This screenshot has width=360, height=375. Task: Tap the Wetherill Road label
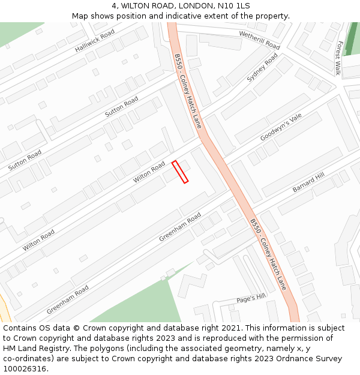(x=259, y=40)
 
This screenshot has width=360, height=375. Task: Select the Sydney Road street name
(x=262, y=68)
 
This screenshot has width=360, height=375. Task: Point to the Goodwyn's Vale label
(x=281, y=127)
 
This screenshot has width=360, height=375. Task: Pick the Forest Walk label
(x=339, y=58)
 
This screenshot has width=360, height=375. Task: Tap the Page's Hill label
(x=250, y=297)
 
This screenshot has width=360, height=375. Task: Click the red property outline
(x=180, y=172)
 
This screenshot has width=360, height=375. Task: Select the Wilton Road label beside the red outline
(x=149, y=172)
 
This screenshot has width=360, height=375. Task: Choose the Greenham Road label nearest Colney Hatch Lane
(x=180, y=227)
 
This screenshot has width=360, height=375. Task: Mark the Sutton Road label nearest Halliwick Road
(x=121, y=107)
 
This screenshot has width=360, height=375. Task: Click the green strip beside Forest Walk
(x=352, y=39)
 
